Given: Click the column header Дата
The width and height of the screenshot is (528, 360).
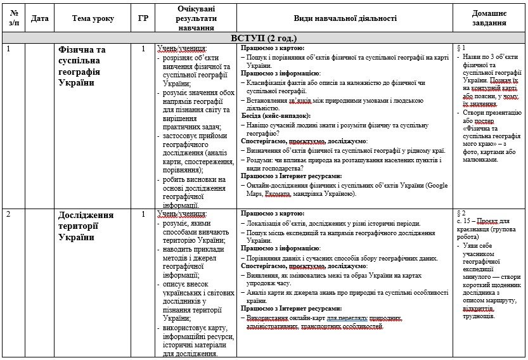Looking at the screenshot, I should [39, 19].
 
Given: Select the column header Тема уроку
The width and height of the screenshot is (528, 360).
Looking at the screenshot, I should [93, 19].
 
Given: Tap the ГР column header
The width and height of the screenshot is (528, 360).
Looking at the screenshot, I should [143, 19].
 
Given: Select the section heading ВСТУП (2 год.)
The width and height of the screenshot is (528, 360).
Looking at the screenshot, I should [263, 38].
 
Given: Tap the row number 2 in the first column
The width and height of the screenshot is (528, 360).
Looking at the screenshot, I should [8, 215].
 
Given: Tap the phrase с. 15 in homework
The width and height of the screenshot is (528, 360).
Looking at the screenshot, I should [465, 222].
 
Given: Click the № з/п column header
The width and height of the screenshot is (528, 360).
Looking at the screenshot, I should [14, 19].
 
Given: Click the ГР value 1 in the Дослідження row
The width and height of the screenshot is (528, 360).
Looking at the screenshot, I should [143, 214].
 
